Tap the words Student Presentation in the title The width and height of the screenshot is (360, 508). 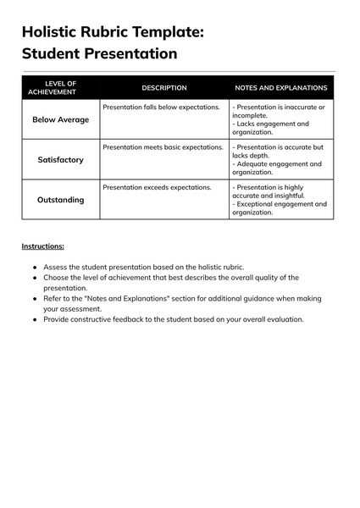(99, 54)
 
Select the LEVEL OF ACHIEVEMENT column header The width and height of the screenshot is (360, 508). (60, 87)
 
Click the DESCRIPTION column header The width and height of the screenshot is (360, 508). (164, 87)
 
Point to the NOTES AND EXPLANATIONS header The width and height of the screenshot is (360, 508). (280, 87)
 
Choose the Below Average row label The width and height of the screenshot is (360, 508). (60, 119)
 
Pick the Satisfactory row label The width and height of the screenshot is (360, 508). (60, 159)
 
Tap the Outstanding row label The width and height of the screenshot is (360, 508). (60, 200)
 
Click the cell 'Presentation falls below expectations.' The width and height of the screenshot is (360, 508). (161, 108)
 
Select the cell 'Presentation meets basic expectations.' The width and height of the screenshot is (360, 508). (163, 147)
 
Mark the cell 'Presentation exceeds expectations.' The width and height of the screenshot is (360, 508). (157, 187)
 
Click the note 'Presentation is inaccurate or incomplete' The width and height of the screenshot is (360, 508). (279, 111)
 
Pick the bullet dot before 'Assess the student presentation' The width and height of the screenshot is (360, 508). (35, 267)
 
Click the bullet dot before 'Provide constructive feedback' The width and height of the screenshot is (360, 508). (35, 319)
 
